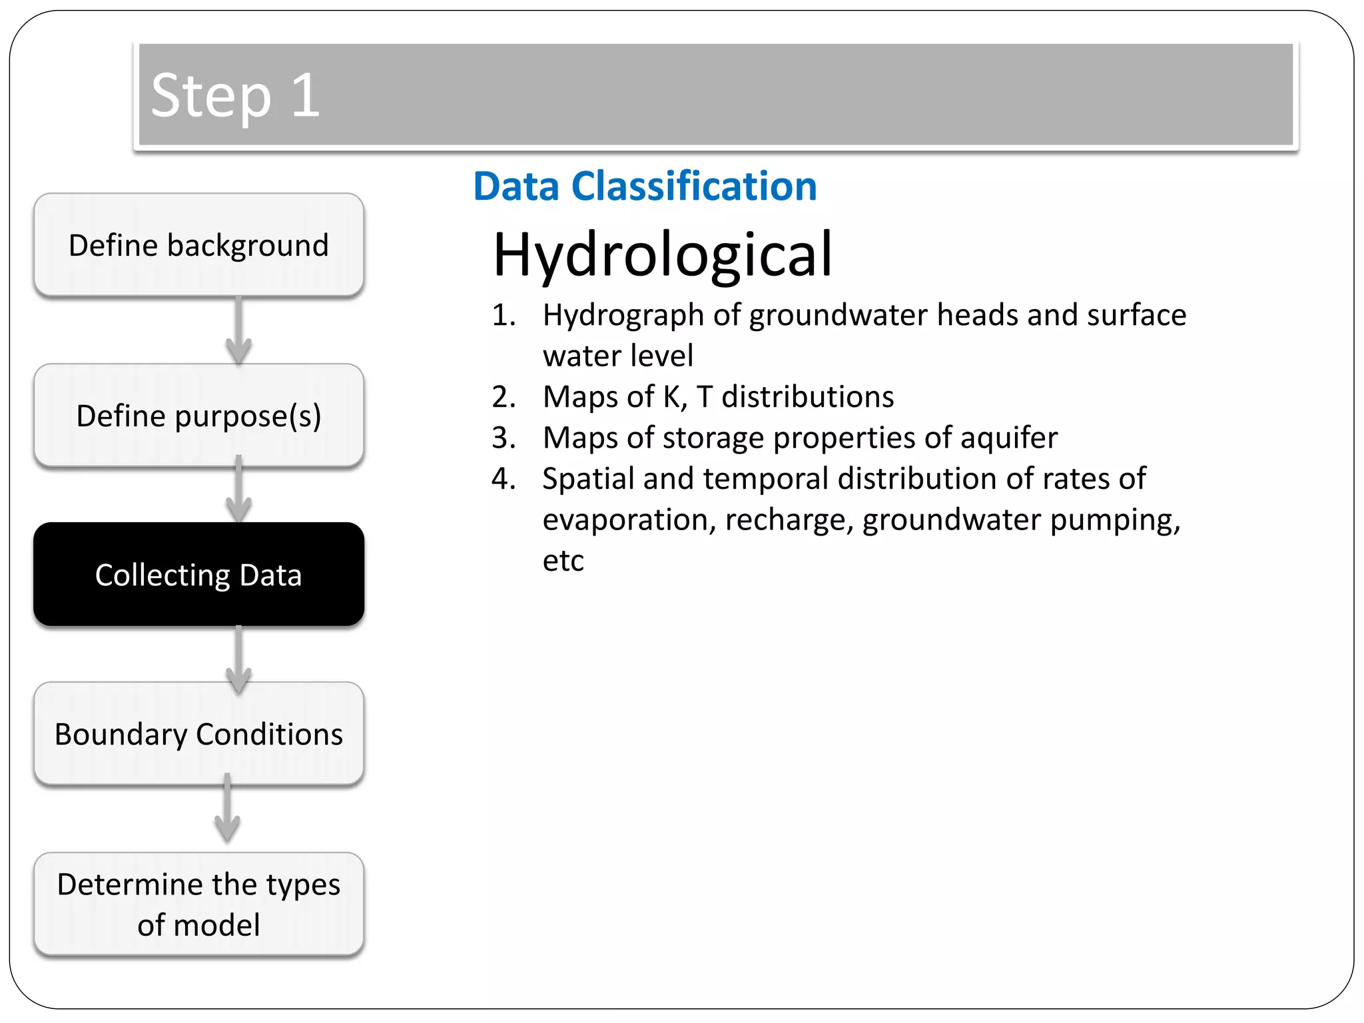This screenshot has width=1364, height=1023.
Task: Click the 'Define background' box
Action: [198, 245]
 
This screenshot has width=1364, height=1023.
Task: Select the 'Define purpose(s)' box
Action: [198, 416]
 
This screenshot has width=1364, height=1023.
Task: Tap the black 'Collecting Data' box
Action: [198, 574]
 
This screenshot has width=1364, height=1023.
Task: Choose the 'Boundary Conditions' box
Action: [198, 733]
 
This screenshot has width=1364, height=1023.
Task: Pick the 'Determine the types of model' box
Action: [198, 904]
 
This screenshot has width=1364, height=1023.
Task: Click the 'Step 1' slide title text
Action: [236, 95]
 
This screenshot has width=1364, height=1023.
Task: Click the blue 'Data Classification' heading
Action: [645, 186]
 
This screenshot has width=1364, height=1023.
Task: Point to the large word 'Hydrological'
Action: [663, 254]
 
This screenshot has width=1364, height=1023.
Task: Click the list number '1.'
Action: [504, 315]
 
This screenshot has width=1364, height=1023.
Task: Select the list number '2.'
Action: [504, 397]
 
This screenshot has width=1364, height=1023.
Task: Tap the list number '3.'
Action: [504, 438]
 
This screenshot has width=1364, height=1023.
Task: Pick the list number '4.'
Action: [504, 479]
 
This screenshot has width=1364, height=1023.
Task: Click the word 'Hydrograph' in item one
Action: [623, 315]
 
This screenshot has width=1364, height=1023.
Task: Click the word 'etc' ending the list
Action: [563, 561]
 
